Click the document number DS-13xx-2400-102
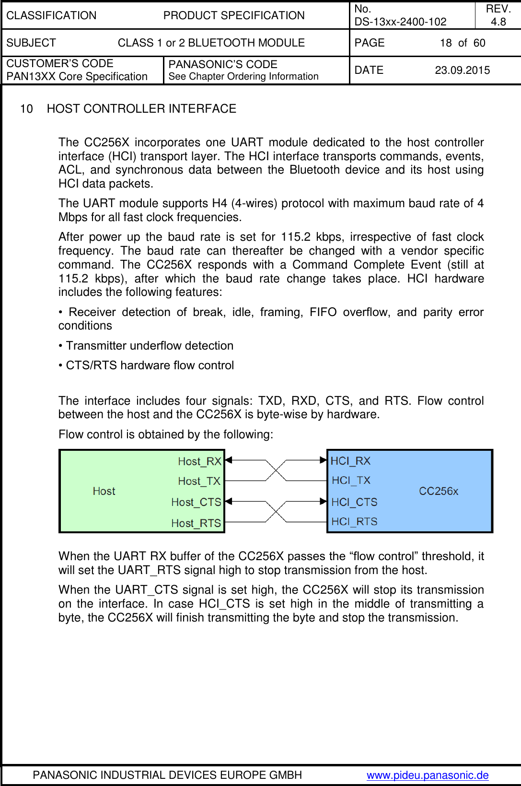coord(400,22)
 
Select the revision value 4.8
coord(498,22)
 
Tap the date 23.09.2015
coord(462,70)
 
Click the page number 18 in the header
coord(446,43)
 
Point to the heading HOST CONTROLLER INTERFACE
coord(141,109)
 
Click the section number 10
coord(26,109)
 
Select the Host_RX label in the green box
coord(199,461)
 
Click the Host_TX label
coord(199,481)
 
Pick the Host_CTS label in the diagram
coord(196,502)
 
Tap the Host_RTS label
coord(196,523)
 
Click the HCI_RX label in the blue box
coord(350,461)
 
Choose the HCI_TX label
coord(351,480)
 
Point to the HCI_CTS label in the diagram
coord(354,502)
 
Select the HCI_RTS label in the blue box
coord(354,521)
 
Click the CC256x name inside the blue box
coord(439,491)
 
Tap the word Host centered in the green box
coord(104,491)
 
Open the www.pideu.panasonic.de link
coord(428,775)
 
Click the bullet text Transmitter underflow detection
coord(150,346)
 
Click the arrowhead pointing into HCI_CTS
coord(324,501)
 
